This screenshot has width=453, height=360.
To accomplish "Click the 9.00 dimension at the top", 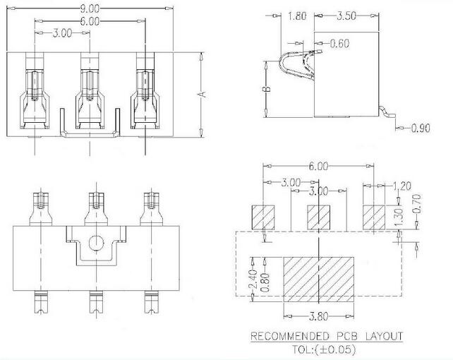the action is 90,9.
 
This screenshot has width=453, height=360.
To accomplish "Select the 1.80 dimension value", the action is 296,16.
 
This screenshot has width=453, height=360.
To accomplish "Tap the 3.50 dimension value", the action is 346,16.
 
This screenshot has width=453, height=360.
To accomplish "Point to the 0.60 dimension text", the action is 339,43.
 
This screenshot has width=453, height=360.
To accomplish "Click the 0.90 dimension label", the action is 421,128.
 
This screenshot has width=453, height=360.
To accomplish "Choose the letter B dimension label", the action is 267,89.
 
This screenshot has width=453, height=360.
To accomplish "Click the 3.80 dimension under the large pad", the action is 319,317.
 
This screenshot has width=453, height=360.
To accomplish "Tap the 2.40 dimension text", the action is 253,279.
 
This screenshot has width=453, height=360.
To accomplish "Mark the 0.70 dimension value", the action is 416,204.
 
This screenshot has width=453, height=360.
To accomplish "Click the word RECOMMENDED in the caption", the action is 290,336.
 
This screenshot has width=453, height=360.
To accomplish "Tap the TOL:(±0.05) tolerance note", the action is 324,349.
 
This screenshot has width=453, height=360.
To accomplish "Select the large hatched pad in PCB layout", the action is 319,279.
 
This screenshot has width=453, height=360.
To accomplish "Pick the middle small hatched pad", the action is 318,217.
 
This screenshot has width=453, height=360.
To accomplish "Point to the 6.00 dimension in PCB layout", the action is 318,166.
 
